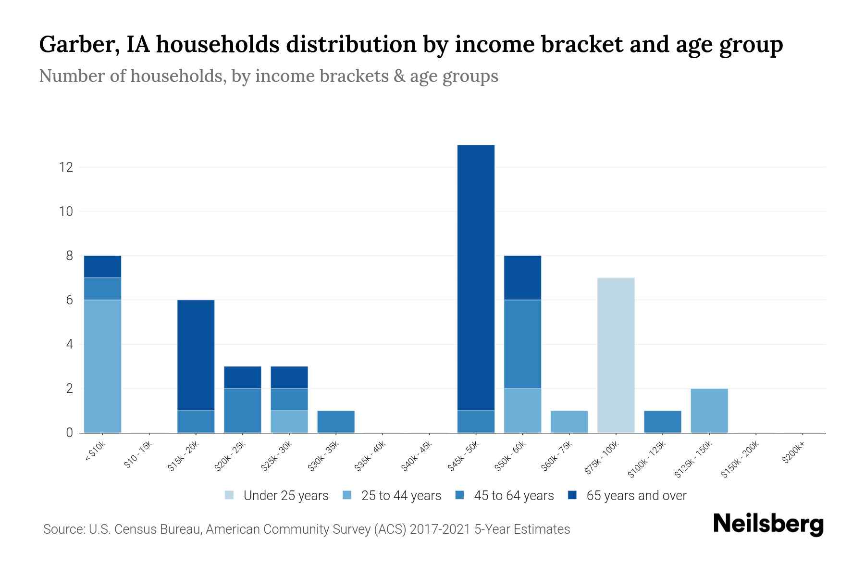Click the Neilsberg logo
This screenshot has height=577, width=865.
pos(768,524)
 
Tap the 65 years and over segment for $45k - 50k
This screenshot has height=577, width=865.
pos(476,277)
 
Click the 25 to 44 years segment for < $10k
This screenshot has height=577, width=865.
pos(102,366)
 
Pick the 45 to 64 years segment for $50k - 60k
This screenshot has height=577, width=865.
pos(522,344)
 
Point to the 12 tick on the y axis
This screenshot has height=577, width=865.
pos(65,167)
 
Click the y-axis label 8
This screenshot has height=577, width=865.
pos(70,256)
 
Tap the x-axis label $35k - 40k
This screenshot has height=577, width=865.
pos(371,456)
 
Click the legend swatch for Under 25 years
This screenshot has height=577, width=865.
pos(230,495)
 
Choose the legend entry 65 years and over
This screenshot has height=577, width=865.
pos(636,496)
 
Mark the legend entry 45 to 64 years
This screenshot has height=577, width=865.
pos(513,496)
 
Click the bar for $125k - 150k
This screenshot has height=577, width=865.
pos(709,411)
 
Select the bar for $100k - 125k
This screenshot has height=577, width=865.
pos(662,422)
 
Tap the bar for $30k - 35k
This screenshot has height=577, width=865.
pos(336,422)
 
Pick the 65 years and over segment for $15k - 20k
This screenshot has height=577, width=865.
pos(196,355)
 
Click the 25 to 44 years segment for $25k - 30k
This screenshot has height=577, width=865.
pos(289,422)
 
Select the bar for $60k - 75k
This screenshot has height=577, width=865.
pos(569,422)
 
